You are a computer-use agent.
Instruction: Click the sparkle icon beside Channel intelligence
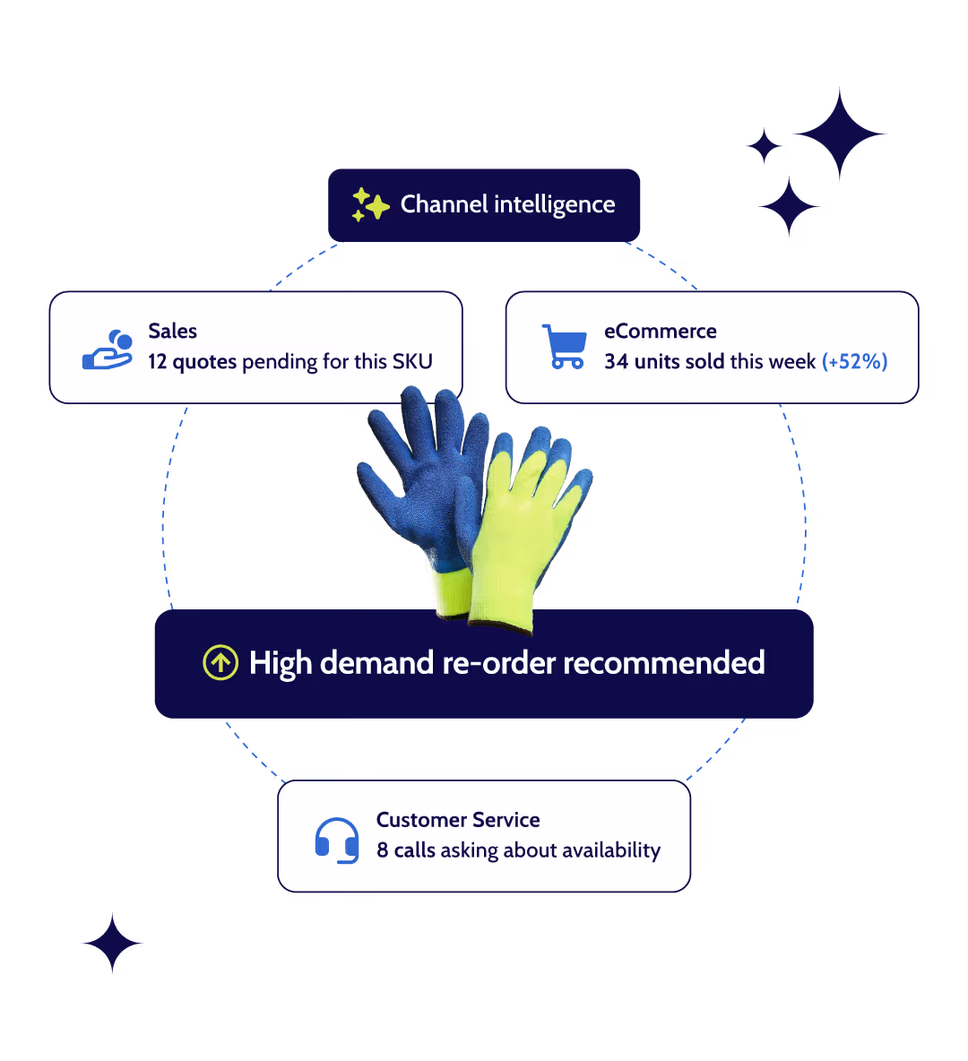tap(369, 205)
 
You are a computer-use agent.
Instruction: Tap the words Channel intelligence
tap(507, 205)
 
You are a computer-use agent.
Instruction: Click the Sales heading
tap(172, 332)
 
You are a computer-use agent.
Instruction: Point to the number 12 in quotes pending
tap(158, 362)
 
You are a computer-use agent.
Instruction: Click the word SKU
tap(412, 362)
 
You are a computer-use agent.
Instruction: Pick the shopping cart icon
tap(565, 347)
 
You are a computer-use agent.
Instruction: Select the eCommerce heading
tap(660, 332)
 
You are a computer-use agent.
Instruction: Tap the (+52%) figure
tap(854, 362)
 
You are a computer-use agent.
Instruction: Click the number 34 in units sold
tap(616, 362)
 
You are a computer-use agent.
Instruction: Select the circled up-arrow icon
tap(220, 663)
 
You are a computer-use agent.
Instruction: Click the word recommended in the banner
tap(663, 663)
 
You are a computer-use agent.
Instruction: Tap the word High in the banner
tap(281, 664)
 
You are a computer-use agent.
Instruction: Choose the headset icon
tap(337, 840)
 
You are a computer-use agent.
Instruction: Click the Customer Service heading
tap(458, 820)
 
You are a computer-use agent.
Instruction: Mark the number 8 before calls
tap(383, 850)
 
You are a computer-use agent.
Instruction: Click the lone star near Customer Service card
tap(112, 943)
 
